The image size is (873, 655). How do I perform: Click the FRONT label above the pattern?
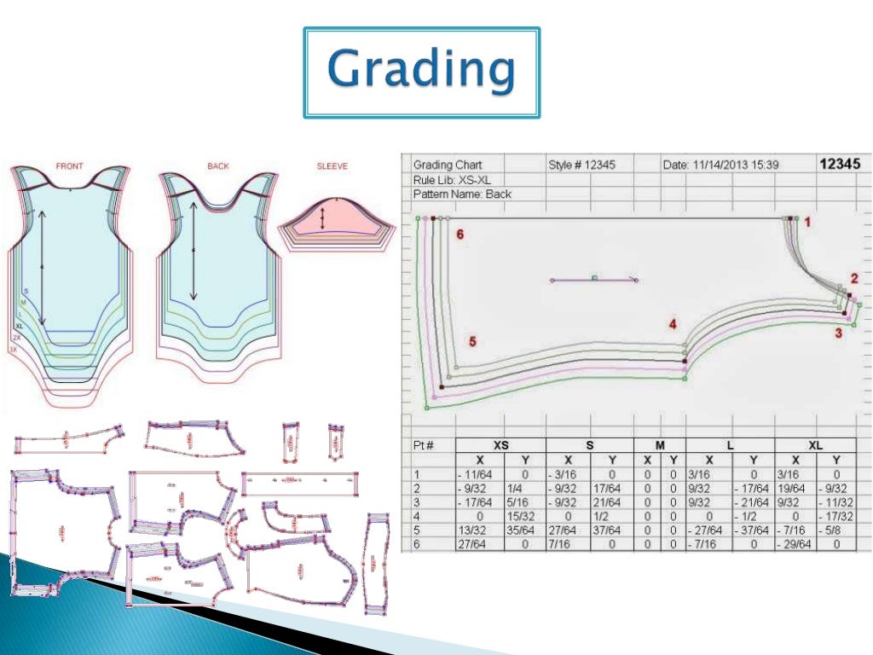point(69,166)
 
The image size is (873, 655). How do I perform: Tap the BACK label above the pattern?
point(218,166)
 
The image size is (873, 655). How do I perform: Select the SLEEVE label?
point(332,166)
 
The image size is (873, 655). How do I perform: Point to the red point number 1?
point(807,222)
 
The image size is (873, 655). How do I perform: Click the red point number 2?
point(854,278)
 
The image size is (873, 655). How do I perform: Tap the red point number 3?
point(838,333)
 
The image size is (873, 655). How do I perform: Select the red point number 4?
point(673,324)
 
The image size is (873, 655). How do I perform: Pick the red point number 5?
point(472,342)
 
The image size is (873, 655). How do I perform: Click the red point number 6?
point(460,235)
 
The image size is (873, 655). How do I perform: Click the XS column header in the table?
point(500,444)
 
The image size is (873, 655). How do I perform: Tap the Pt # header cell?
point(424,444)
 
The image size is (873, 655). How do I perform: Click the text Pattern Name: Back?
point(462,194)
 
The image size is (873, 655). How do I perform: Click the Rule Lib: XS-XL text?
point(452,179)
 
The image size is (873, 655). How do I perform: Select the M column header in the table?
point(659,444)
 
